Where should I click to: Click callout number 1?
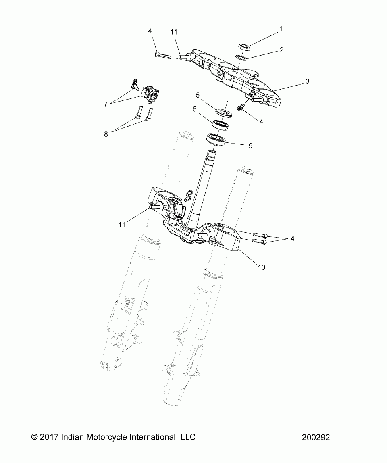(x=281, y=29)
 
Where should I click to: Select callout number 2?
(x=282, y=50)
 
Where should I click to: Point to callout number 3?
(x=307, y=81)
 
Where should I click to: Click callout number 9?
(x=250, y=145)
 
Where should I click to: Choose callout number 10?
(x=262, y=267)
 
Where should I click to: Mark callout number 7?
(x=105, y=104)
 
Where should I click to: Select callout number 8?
(x=106, y=134)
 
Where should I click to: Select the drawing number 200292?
(x=315, y=437)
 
